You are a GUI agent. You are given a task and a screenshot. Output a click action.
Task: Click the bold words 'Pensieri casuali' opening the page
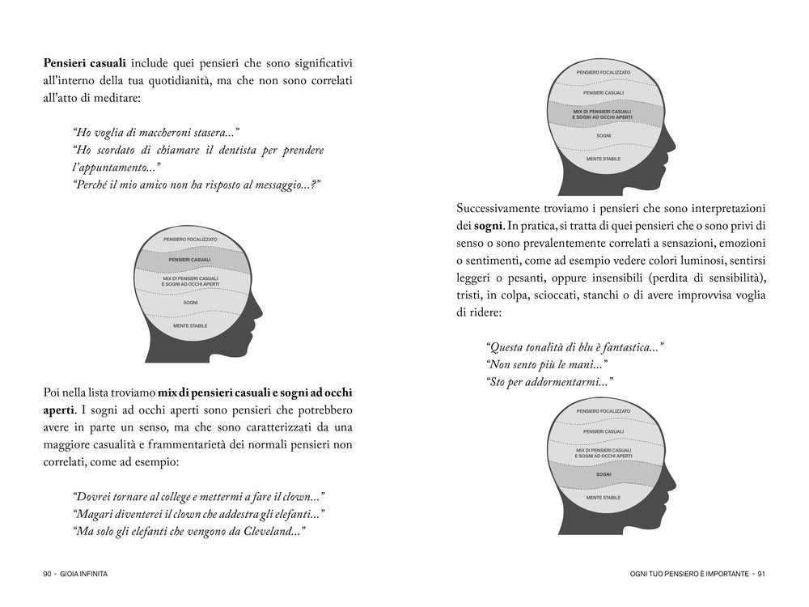tap(84, 62)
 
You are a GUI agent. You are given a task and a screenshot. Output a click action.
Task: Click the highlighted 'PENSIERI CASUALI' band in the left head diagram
tap(190, 260)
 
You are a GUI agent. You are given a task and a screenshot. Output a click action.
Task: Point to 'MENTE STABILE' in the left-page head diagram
tap(190, 325)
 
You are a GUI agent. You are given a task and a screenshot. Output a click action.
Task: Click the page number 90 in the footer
tap(48, 574)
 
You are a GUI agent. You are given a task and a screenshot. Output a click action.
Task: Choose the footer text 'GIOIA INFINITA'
tap(84, 574)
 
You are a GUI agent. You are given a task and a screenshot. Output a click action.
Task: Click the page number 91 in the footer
tap(761, 574)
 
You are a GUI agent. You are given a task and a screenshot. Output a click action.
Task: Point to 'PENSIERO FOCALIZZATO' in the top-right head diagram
tap(604, 72)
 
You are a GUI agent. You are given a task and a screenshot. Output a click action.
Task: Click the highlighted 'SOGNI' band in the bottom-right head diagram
tap(604, 474)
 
